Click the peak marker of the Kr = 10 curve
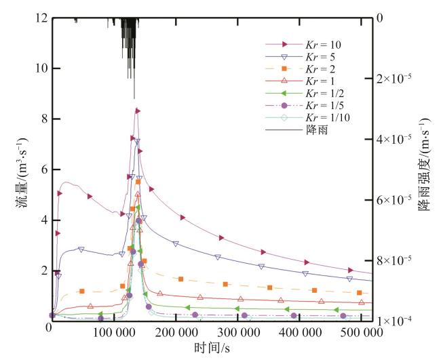pyautogui.click(x=137, y=111)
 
